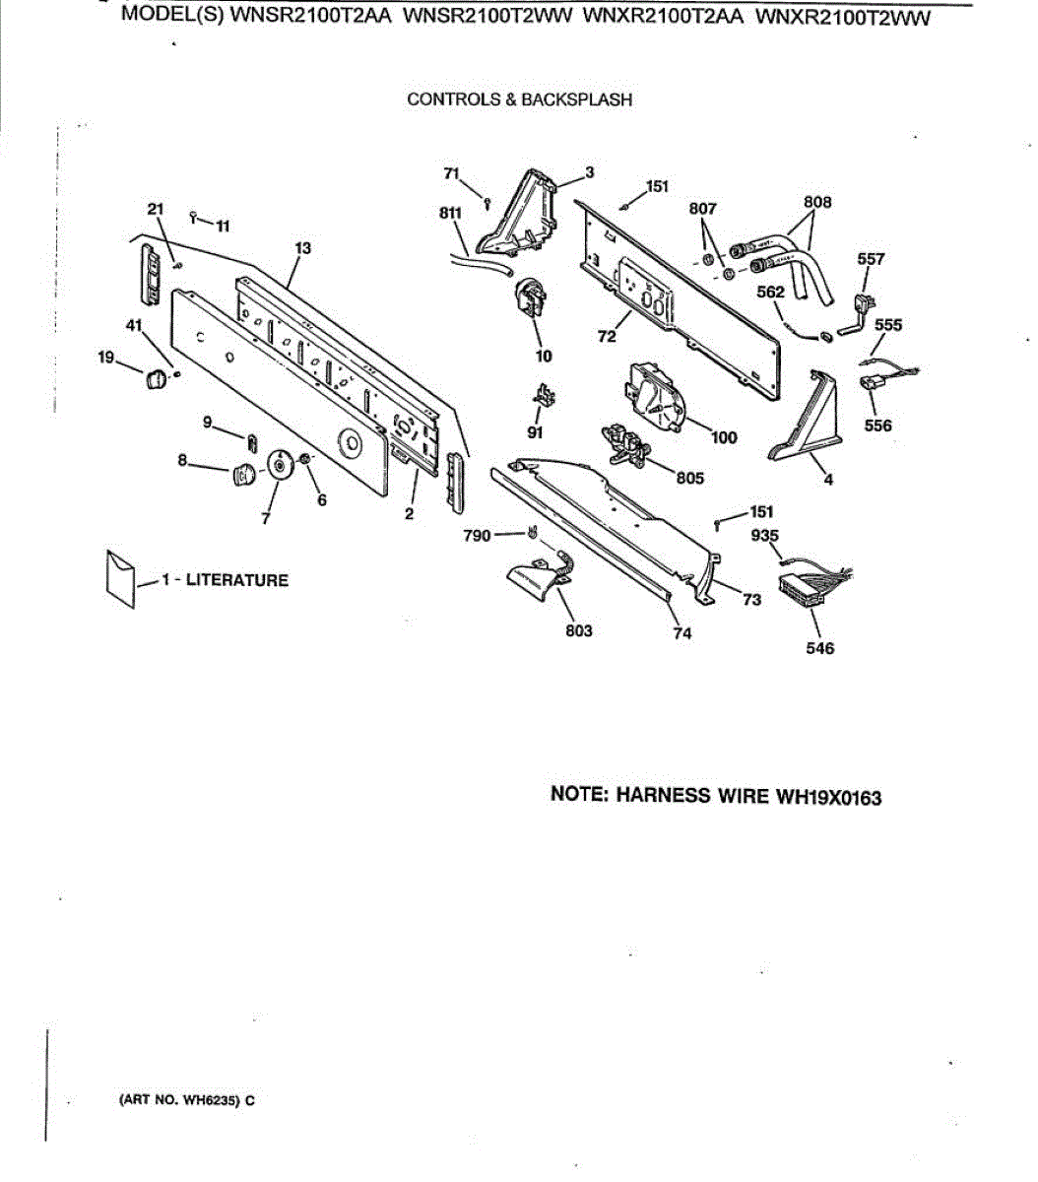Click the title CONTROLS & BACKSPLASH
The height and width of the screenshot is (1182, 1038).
pyautogui.click(x=519, y=99)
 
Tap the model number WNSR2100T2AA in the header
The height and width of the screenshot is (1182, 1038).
pyautogui.click(x=310, y=17)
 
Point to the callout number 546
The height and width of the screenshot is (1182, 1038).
pyautogui.click(x=819, y=648)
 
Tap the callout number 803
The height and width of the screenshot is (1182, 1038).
pyautogui.click(x=579, y=630)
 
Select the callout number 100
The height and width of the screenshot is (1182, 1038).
pyautogui.click(x=724, y=437)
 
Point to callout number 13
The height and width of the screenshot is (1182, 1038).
pyautogui.click(x=302, y=248)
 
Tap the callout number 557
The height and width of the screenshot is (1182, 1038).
pyautogui.click(x=871, y=259)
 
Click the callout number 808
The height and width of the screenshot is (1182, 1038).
pyautogui.click(x=817, y=202)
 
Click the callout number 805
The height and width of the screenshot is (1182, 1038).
pyautogui.click(x=690, y=479)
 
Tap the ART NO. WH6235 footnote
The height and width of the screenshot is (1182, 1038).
pyautogui.click(x=187, y=1100)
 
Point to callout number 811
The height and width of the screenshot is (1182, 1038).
pyautogui.click(x=450, y=212)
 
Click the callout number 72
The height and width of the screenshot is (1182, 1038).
pyautogui.click(x=607, y=336)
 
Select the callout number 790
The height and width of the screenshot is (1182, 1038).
pyautogui.click(x=477, y=535)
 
